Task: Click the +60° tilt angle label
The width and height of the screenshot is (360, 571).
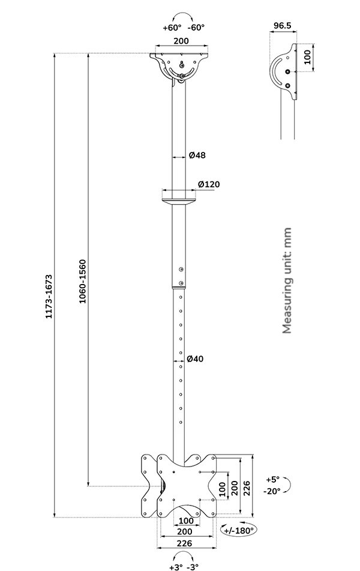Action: [x=172, y=28]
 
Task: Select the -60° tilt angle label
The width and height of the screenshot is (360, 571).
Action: [x=196, y=28]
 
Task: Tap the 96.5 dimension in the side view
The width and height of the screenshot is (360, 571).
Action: [x=283, y=25]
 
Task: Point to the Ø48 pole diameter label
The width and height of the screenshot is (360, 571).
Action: [x=197, y=156]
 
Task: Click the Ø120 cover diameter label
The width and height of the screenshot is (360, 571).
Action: [x=209, y=184]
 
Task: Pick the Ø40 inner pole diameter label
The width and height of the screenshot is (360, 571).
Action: [x=195, y=359]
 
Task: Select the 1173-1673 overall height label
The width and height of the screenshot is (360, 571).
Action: [x=49, y=297]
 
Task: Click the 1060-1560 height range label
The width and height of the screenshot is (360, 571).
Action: [x=83, y=282]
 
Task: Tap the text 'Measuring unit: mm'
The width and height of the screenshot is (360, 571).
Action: [x=287, y=280]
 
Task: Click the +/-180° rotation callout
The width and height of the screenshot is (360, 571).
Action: [x=239, y=530]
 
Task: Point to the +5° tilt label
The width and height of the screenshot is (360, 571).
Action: [x=272, y=480]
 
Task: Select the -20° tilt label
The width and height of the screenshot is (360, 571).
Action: [x=272, y=491]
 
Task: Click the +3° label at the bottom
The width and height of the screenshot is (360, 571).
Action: [x=176, y=567]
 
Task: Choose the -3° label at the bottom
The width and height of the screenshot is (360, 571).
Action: [x=193, y=567]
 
